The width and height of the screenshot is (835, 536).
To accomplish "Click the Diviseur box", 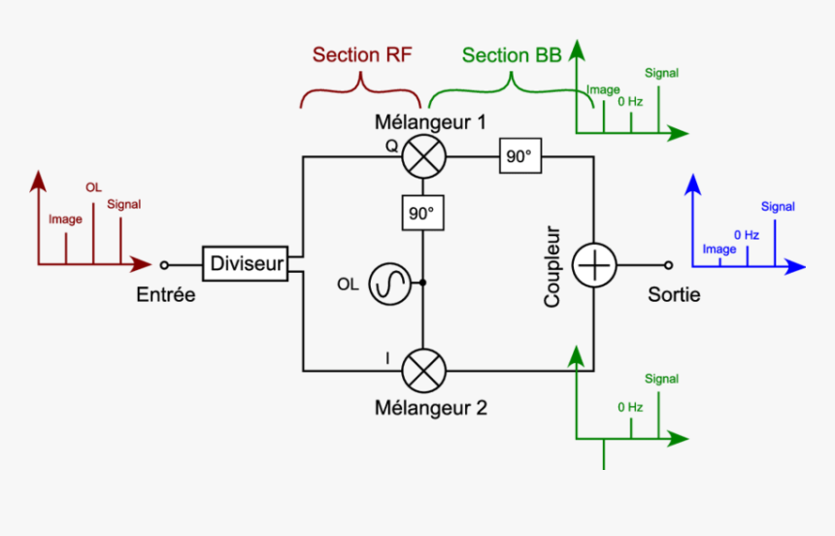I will pyautogui.click(x=247, y=263).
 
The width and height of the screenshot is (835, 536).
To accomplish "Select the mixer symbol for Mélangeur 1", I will pyautogui.click(x=423, y=156).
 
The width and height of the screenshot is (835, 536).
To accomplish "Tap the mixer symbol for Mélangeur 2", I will pyautogui.click(x=423, y=371).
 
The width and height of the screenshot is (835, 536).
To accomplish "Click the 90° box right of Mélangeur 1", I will pyautogui.click(x=520, y=156).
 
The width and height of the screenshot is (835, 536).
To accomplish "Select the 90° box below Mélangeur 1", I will pyautogui.click(x=423, y=213).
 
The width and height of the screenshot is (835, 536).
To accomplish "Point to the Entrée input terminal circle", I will pyautogui.click(x=164, y=264).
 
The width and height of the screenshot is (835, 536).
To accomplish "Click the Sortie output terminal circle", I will pyautogui.click(x=668, y=264).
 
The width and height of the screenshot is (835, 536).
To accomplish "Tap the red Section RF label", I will pyautogui.click(x=362, y=55).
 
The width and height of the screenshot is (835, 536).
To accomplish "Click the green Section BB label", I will pyautogui.click(x=511, y=55).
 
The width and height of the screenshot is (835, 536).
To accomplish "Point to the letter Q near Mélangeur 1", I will pyautogui.click(x=391, y=146).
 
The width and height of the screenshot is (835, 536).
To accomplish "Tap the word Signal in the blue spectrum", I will pyautogui.click(x=778, y=207).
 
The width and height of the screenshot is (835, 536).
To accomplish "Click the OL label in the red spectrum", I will pyautogui.click(x=93, y=186).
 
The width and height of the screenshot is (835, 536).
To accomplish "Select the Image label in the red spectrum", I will pyautogui.click(x=65, y=219).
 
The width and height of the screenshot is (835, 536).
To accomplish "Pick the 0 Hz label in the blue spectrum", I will pyautogui.click(x=746, y=235).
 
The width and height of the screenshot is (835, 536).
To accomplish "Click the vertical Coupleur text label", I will pyautogui.click(x=552, y=267).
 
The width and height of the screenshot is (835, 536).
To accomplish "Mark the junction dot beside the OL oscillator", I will pyautogui.click(x=423, y=284).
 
